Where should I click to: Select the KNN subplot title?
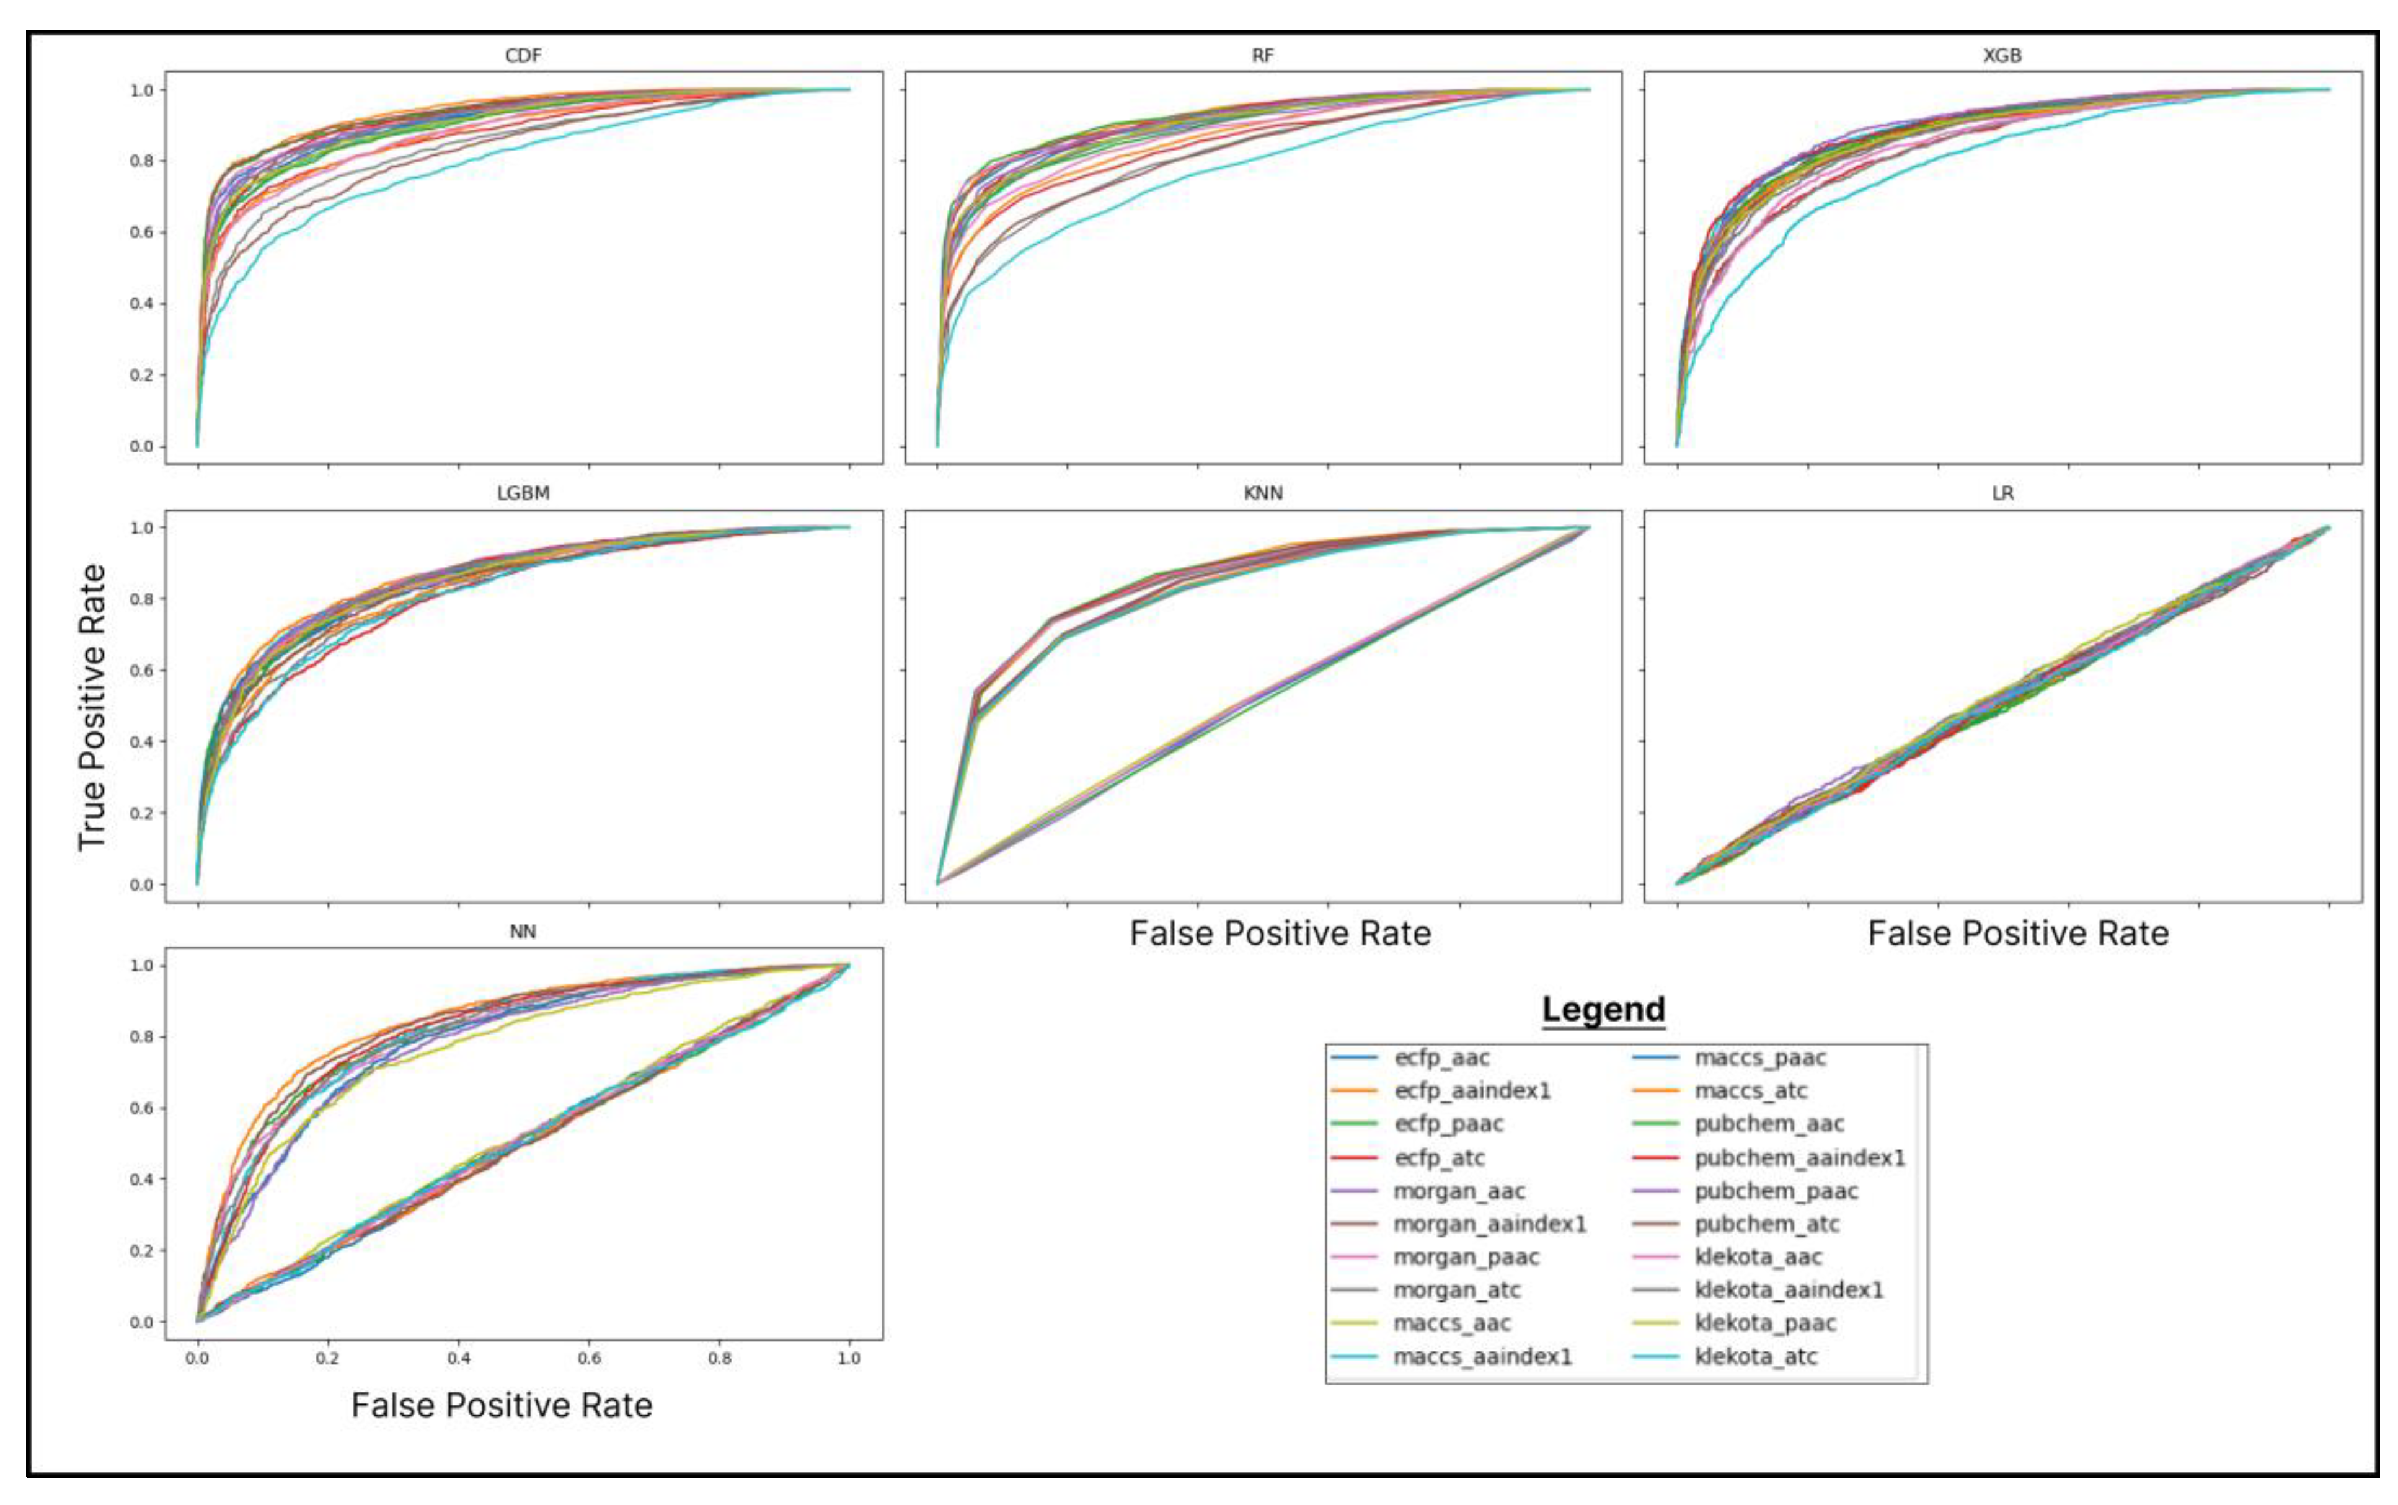point(1262,493)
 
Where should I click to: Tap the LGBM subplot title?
point(523,493)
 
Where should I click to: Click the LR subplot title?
point(2002,493)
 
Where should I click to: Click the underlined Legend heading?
point(1603,1009)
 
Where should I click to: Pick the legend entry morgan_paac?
point(1466,1257)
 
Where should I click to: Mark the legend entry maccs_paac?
point(1760,1057)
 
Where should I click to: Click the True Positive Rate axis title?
point(92,707)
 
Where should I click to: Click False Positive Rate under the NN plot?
point(502,1405)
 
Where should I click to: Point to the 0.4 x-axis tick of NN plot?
point(458,1357)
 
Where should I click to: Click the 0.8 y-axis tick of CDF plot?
point(141,161)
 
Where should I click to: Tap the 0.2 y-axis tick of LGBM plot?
point(141,813)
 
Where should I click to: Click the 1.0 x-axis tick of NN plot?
point(848,1357)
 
